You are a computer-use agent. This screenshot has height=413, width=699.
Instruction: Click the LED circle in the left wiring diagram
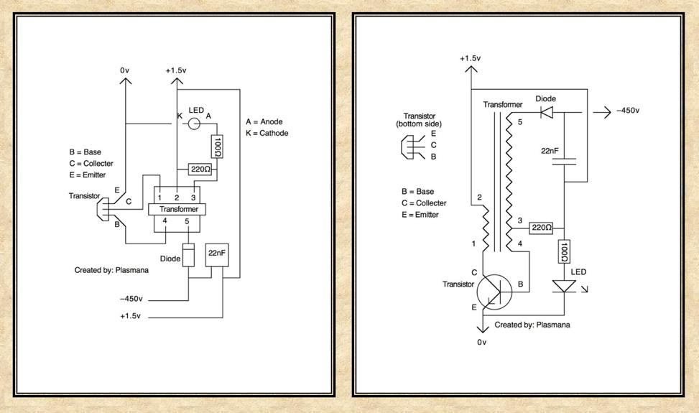point(194,124)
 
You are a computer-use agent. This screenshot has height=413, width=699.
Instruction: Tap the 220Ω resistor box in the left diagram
point(199,170)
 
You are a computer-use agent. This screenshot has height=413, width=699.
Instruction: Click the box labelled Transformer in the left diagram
point(177,209)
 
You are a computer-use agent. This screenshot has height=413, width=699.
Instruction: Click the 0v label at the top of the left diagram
point(125,70)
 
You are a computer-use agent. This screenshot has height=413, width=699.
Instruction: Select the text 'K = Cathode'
point(267,133)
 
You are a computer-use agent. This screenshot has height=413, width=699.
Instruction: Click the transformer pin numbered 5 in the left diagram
point(188,222)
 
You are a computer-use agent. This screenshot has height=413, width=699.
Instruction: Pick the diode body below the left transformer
point(188,256)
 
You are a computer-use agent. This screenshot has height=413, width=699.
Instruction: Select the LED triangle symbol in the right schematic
point(565,287)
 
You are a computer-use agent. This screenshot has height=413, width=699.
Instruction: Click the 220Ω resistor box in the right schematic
point(540,228)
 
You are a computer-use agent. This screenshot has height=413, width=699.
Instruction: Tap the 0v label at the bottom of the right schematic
point(482,342)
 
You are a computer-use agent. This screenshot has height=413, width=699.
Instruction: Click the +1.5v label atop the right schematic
point(471,57)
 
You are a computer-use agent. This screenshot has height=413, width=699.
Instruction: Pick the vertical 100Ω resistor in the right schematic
point(565,251)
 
